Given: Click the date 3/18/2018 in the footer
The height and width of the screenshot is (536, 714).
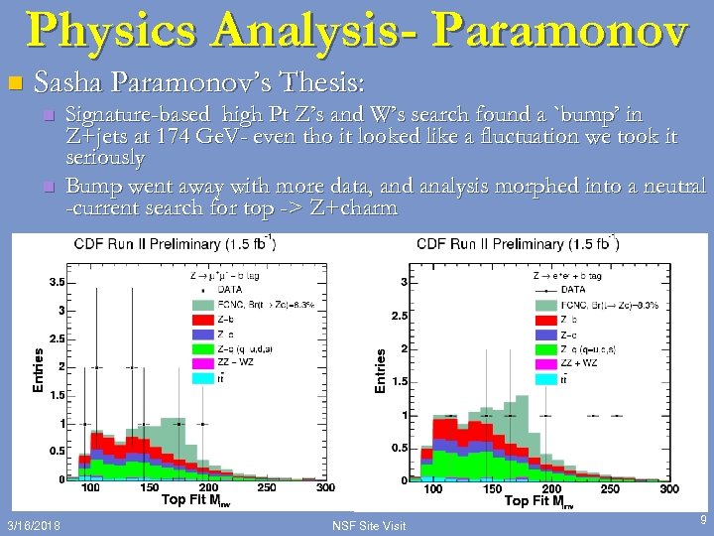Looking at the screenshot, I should click(34, 523).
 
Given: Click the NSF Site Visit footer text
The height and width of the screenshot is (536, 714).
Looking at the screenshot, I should click(369, 523).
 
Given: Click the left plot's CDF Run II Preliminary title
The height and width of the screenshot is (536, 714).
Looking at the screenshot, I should click(175, 244).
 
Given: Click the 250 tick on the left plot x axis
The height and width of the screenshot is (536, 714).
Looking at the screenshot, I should click(267, 487).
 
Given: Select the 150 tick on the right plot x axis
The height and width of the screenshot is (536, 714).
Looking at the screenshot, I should click(492, 489).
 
